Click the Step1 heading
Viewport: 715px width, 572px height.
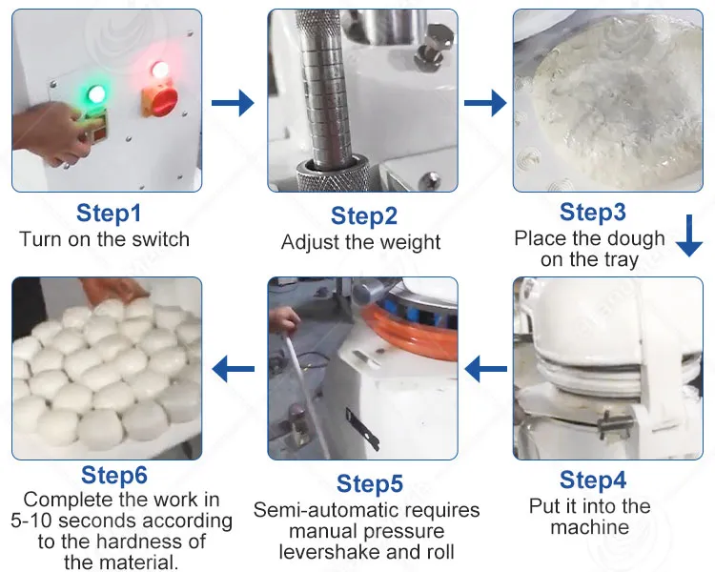(x=109, y=213)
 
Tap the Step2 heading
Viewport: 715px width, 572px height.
(x=364, y=215)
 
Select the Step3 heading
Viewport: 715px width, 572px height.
(x=593, y=212)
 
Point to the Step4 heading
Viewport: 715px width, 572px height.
(x=593, y=480)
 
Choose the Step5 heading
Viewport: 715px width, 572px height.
(x=370, y=483)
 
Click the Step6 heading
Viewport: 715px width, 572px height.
(x=114, y=475)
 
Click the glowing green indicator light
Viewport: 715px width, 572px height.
(x=96, y=94)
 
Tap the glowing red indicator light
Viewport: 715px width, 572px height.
(x=159, y=70)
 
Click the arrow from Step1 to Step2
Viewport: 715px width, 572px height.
(x=233, y=103)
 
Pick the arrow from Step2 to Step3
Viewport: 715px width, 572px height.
(x=485, y=103)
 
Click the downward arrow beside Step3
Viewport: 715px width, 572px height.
(x=689, y=235)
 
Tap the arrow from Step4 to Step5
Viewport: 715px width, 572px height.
(x=485, y=369)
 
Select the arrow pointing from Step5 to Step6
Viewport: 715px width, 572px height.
(x=233, y=369)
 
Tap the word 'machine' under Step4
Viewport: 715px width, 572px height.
(x=590, y=527)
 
